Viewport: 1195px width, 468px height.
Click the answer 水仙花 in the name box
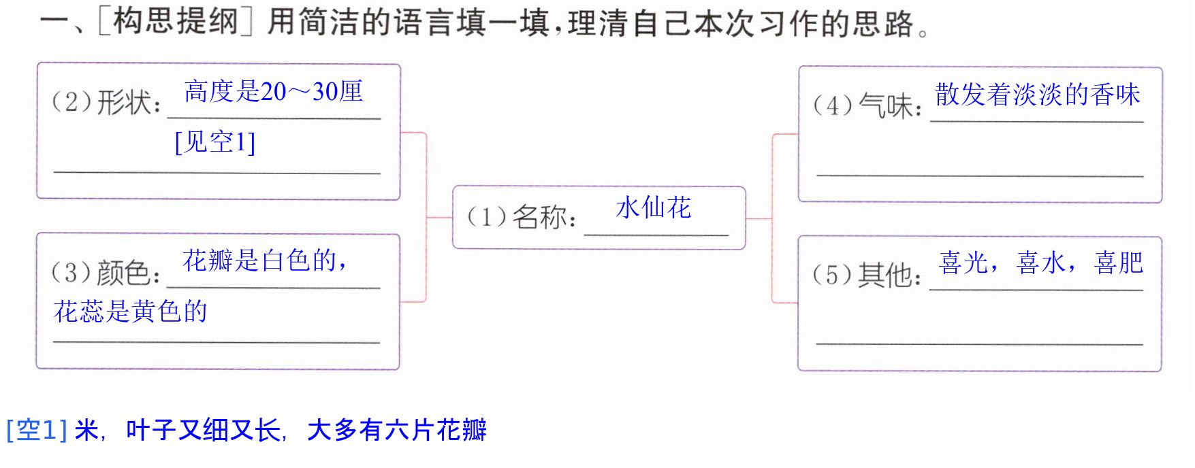[x=654, y=208]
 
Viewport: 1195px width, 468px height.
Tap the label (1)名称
[x=522, y=217]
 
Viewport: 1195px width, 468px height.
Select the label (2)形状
[x=107, y=102]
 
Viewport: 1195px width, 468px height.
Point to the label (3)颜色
[x=107, y=272]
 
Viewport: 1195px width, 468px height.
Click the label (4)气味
[x=868, y=105]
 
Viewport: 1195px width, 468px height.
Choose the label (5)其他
[x=867, y=275]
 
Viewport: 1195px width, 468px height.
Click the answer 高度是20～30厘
[x=274, y=91]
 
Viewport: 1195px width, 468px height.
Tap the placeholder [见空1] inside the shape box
[x=215, y=142]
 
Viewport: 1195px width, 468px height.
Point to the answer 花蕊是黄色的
[x=131, y=312]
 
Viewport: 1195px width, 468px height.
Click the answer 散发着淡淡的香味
[x=1038, y=95]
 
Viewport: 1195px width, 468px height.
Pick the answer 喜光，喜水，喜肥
[x=1041, y=263]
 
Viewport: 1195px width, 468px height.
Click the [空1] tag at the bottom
[x=37, y=430]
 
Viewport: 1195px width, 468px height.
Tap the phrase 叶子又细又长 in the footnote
[x=203, y=430]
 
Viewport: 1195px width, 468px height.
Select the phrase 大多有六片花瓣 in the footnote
[x=397, y=430]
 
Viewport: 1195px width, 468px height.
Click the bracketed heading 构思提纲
[x=176, y=21]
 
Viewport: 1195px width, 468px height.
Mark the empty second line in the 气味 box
[x=980, y=176]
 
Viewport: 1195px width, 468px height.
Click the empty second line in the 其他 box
[x=979, y=344]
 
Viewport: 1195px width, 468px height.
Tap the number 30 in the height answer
[x=324, y=92]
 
